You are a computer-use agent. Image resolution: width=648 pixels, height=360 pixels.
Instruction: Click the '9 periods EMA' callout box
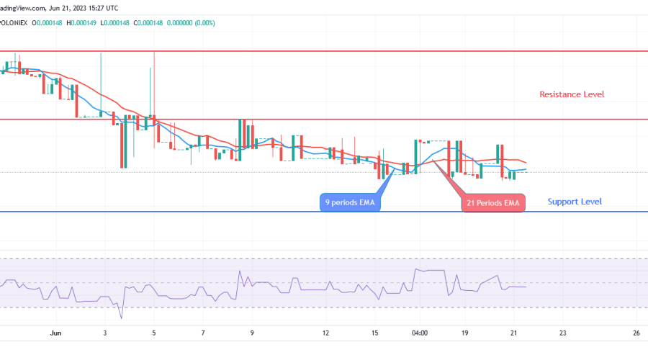351,203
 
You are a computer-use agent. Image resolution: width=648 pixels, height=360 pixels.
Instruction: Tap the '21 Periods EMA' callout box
493,203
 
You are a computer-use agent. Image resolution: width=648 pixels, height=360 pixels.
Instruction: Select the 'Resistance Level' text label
572,94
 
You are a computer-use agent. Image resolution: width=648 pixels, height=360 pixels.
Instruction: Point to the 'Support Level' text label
575,202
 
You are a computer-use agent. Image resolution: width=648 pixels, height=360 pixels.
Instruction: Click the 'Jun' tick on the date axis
56,333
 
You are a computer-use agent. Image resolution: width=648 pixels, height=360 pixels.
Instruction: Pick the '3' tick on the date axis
105,333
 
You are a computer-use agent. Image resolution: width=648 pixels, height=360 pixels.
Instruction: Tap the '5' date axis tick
154,333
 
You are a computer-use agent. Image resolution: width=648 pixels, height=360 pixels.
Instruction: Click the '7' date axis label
204,333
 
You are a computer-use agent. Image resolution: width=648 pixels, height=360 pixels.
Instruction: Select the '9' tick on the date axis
252,333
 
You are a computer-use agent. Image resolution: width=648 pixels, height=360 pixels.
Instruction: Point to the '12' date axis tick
326,333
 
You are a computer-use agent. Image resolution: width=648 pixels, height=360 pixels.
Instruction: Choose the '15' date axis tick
375,333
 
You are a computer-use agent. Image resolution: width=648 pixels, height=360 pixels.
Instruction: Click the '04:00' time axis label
420,333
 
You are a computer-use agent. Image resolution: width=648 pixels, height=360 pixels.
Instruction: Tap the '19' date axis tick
465,333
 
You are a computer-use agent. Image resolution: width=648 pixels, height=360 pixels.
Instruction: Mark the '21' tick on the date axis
513,333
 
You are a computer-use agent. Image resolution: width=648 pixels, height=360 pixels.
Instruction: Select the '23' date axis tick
563,333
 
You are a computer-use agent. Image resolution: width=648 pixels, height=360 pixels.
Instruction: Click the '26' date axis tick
636,333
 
